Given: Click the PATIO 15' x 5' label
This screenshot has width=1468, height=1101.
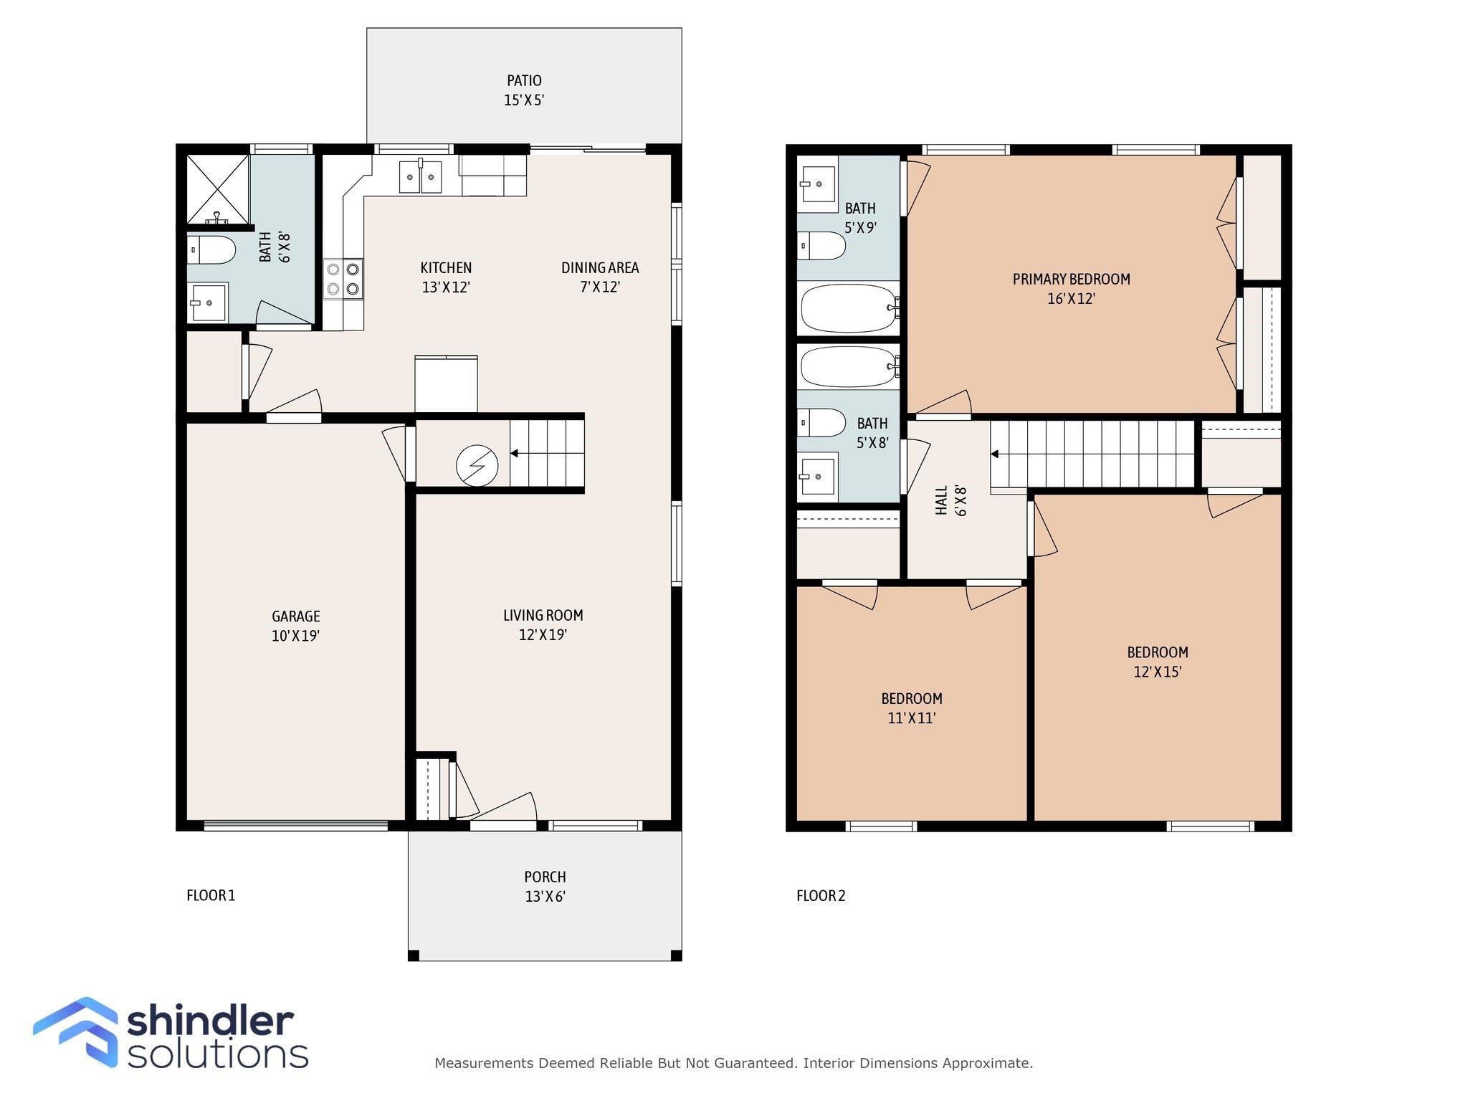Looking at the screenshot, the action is (524, 90).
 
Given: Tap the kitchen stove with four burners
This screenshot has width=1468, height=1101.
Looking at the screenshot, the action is (343, 279).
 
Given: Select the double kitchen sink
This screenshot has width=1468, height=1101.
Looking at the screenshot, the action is (420, 176).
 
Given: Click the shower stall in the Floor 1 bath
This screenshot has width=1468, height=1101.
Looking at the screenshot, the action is (217, 189).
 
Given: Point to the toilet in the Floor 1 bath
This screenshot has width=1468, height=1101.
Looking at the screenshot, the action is (211, 250).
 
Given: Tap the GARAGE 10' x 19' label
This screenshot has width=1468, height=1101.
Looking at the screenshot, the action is (295, 626).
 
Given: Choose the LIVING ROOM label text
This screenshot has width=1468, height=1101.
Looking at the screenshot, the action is (543, 616).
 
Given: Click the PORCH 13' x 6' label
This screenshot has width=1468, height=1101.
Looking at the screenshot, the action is (545, 887).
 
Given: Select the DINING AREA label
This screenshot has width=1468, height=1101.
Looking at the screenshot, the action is (600, 268).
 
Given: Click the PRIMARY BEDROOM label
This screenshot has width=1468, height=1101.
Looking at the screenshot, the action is (1071, 280).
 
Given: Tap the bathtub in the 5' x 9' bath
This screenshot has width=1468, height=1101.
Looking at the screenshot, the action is (849, 308).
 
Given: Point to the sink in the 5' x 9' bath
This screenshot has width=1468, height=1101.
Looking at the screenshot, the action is (819, 184).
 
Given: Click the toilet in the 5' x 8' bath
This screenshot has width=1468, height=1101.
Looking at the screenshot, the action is (822, 423).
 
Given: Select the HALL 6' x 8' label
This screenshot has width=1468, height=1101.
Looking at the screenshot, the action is (951, 500).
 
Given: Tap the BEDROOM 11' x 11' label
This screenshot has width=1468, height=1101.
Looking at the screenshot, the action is (912, 708).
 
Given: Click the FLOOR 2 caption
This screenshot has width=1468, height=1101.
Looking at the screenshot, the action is (821, 896).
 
